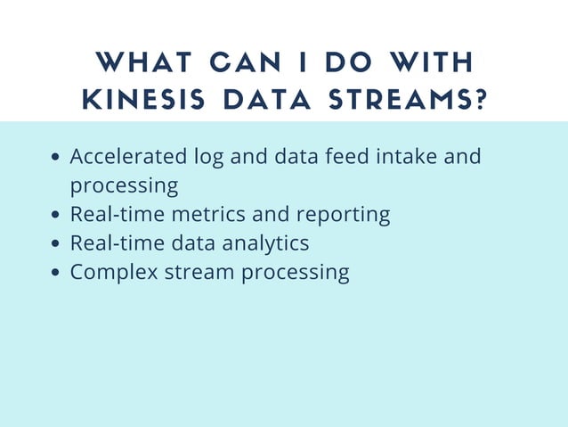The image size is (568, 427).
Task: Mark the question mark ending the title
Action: point(481,99)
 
